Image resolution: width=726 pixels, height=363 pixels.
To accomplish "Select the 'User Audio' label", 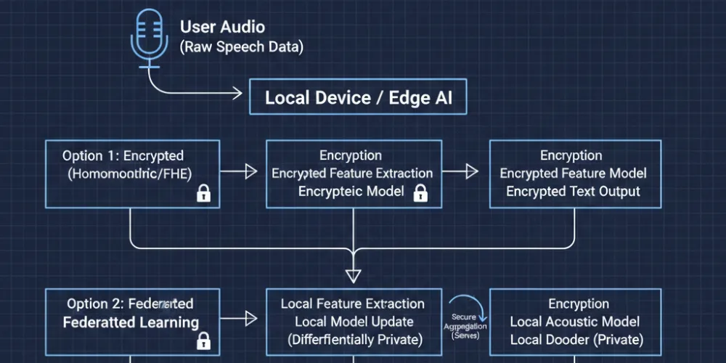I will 222,28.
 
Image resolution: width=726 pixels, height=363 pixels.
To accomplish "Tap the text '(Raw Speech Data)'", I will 242,47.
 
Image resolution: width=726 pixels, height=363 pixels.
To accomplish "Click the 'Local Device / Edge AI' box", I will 358,98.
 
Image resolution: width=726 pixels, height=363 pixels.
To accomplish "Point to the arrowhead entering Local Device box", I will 235,93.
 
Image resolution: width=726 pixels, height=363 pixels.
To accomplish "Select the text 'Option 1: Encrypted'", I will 123,156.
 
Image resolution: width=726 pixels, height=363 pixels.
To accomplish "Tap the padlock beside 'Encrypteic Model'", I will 419,192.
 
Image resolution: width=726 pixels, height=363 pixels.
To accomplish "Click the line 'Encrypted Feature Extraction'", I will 352,174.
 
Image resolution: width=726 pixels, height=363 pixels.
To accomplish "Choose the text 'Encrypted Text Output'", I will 573,192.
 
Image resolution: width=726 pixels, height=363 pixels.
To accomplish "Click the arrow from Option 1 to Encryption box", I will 239,172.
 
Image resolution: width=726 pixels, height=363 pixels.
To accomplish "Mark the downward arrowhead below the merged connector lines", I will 353,275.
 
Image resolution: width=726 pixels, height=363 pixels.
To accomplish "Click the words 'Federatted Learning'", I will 131,322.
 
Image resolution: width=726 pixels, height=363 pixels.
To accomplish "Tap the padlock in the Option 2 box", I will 204,339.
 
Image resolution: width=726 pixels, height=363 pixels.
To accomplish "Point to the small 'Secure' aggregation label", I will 464,317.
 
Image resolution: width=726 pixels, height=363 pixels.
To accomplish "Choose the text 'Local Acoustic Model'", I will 575,322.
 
